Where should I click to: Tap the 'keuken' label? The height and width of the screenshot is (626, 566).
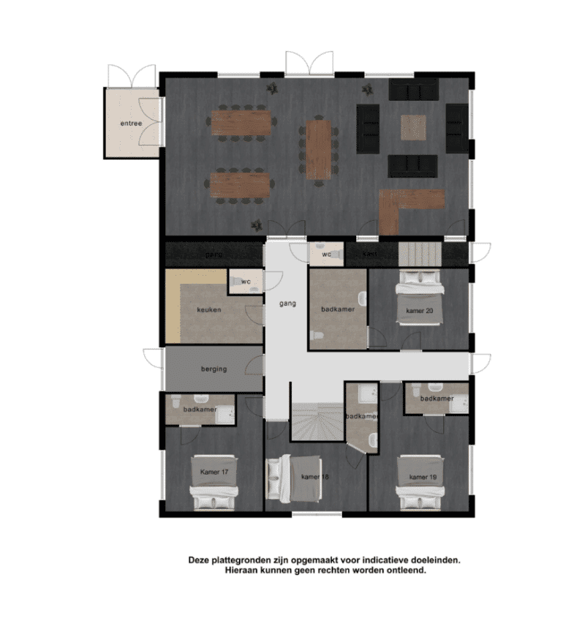(208, 309)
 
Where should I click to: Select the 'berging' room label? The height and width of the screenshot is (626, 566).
(214, 369)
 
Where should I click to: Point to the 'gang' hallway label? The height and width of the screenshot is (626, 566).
(287, 303)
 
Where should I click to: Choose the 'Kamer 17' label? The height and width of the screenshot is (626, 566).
(214, 472)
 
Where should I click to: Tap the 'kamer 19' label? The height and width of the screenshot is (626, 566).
(423, 477)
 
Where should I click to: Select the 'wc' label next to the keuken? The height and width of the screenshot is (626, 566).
(246, 280)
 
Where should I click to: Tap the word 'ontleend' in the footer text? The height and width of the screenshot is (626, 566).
(404, 572)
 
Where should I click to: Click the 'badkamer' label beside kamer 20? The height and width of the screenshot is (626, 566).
(338, 309)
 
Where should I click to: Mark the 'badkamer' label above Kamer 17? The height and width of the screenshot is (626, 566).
(199, 409)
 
